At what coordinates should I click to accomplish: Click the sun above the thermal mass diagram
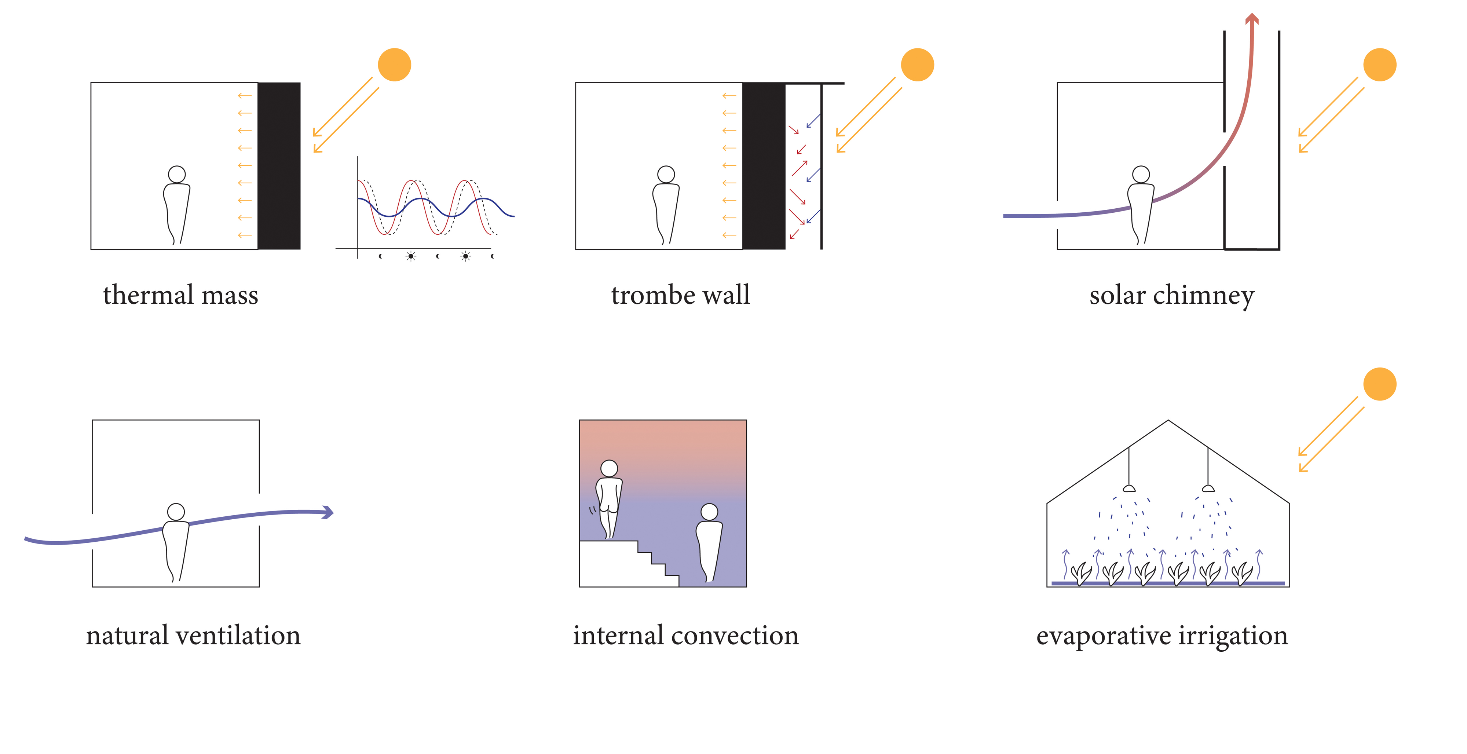(x=394, y=64)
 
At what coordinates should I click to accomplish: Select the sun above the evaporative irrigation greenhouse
(x=1379, y=384)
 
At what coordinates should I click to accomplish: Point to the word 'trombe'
(x=653, y=295)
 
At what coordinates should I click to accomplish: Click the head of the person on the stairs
(x=609, y=468)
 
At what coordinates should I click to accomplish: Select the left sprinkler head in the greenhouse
(x=1129, y=488)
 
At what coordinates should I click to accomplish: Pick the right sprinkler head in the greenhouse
(x=1208, y=488)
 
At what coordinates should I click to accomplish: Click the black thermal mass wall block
(x=279, y=166)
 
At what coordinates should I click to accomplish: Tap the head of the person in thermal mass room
(x=177, y=174)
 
